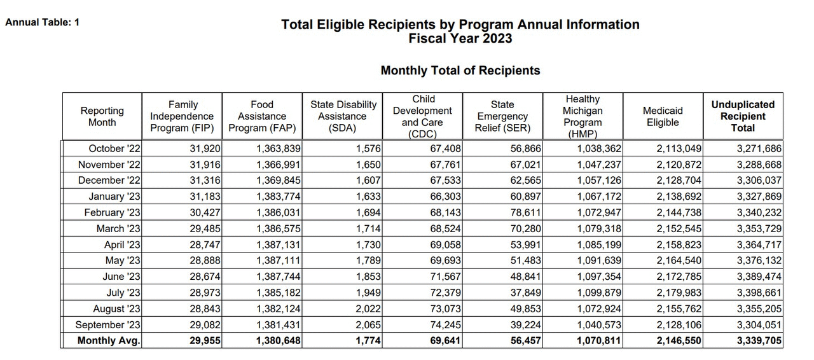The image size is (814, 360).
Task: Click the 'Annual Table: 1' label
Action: pyautogui.click(x=42, y=22)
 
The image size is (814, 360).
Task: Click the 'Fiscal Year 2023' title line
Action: pyautogui.click(x=460, y=38)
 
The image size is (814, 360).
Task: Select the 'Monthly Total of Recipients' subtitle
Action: pyautogui.click(x=460, y=71)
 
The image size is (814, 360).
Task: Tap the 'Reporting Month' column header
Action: pyautogui.click(x=102, y=116)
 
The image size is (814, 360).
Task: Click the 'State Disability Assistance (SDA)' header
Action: pyautogui.click(x=343, y=116)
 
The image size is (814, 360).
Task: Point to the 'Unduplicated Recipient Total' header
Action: pyautogui.click(x=742, y=116)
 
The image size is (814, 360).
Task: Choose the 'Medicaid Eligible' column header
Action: pyautogui.click(x=663, y=116)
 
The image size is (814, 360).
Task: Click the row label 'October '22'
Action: pyautogui.click(x=114, y=149)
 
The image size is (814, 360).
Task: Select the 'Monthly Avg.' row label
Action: pyautogui.click(x=109, y=341)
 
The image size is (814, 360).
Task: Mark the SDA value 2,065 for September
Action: pyautogui.click(x=369, y=325)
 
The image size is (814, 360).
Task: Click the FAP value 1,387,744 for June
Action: pyautogui.click(x=279, y=277)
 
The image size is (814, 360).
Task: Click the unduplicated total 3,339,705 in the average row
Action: pyautogui.click(x=759, y=341)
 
